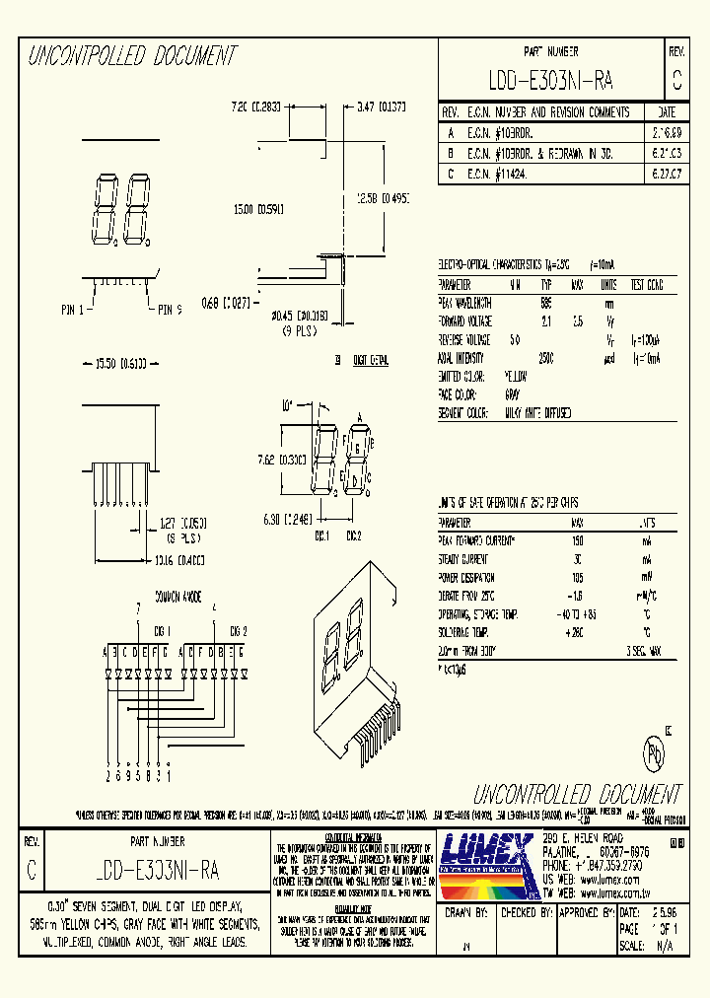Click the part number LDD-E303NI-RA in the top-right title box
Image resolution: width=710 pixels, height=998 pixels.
[x=551, y=80]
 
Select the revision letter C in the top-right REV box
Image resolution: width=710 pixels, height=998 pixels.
[x=675, y=80]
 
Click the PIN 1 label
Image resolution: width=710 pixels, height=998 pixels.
[x=73, y=310]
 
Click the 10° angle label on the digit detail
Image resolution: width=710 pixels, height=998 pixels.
[x=287, y=404]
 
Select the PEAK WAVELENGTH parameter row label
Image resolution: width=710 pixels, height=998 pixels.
[x=464, y=304]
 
